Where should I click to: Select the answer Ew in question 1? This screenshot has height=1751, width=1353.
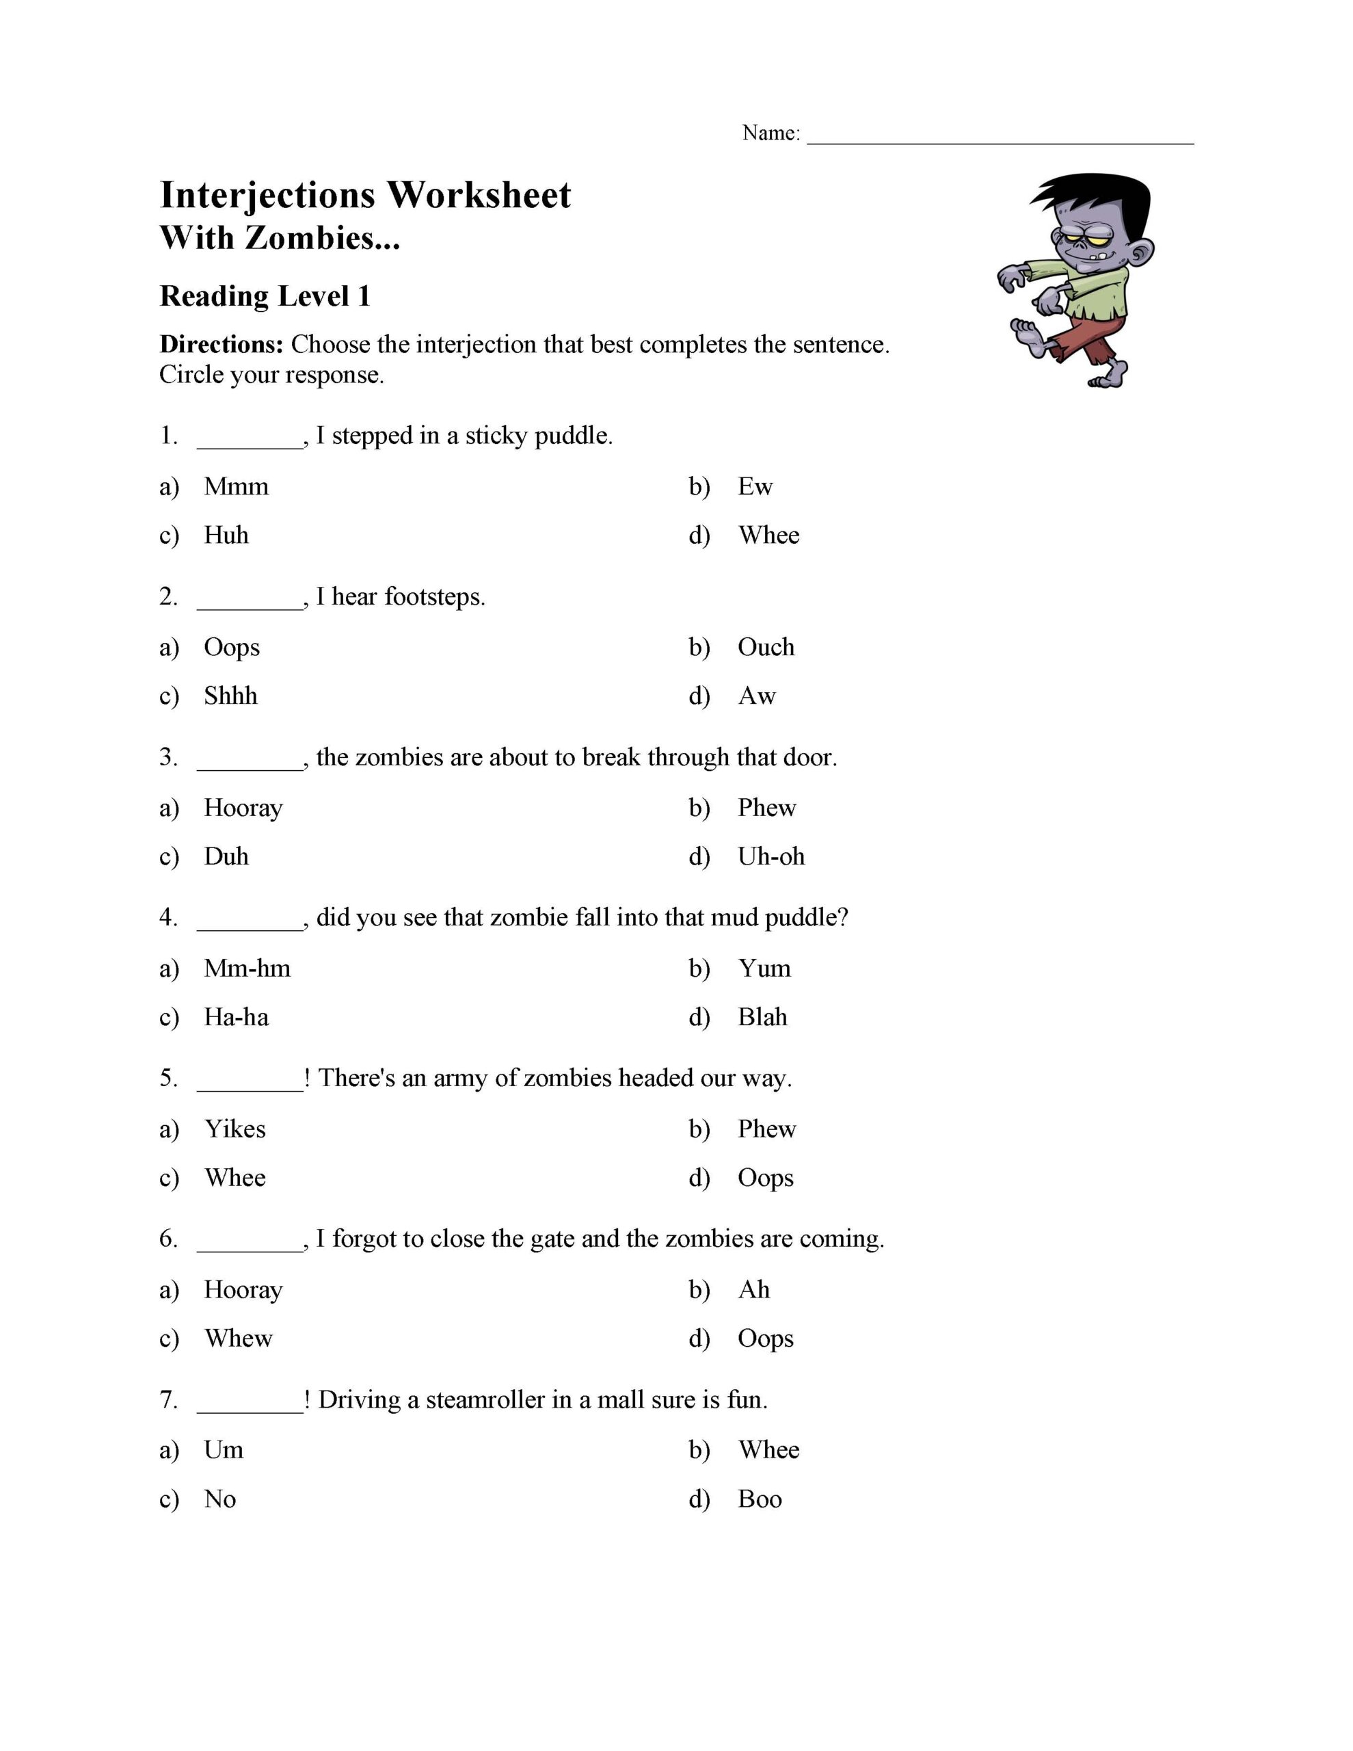[x=754, y=487]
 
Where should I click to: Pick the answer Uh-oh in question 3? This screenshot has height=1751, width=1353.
[x=771, y=856]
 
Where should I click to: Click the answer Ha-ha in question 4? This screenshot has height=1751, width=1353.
[x=236, y=1017]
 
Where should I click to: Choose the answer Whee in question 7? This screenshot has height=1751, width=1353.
[x=768, y=1450]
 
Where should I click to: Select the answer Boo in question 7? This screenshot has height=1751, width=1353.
[x=759, y=1499]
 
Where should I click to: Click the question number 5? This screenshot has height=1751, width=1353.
[x=168, y=1079]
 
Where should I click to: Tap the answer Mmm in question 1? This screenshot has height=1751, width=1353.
[x=236, y=487]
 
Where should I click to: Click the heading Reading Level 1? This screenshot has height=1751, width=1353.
[x=265, y=297]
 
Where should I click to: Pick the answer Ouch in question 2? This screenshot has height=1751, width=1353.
[x=766, y=647]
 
